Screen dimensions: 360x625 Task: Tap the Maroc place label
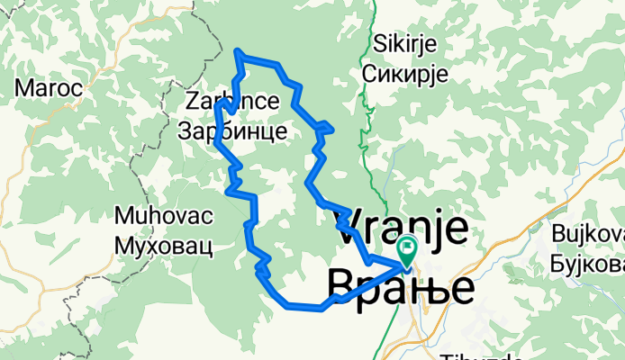[49, 88]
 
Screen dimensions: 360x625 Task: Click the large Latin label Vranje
[402, 229]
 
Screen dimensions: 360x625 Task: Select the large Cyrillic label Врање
[400, 287]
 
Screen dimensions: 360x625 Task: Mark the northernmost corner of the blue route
[238, 50]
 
